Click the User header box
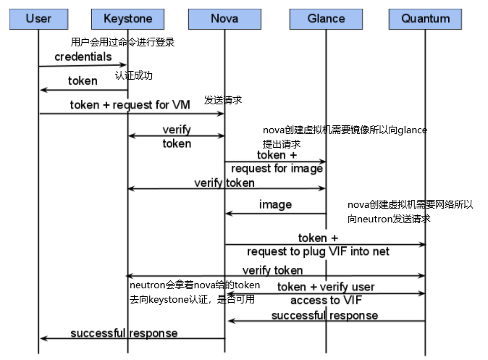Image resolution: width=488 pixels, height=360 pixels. (x=38, y=17)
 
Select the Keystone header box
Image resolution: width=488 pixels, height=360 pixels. (x=127, y=17)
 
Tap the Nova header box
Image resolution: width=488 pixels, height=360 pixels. (x=224, y=17)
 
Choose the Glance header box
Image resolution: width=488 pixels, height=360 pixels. (x=325, y=17)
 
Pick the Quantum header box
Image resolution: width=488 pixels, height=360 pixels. (x=425, y=18)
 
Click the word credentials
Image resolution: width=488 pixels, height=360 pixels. (x=83, y=56)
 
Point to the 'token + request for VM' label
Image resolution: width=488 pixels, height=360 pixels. (x=130, y=105)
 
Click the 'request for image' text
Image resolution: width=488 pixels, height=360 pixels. (x=277, y=169)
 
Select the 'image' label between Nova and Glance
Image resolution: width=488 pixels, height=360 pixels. (x=275, y=205)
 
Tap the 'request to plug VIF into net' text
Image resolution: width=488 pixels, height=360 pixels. (x=318, y=251)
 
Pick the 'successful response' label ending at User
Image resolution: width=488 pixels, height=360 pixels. (x=124, y=333)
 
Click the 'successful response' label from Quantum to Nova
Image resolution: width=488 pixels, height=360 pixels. (x=324, y=316)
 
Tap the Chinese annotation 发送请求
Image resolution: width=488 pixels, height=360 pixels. (x=222, y=99)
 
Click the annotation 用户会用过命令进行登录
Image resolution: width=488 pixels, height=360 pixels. (x=122, y=42)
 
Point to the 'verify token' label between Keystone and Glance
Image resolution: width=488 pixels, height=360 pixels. (x=224, y=183)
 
